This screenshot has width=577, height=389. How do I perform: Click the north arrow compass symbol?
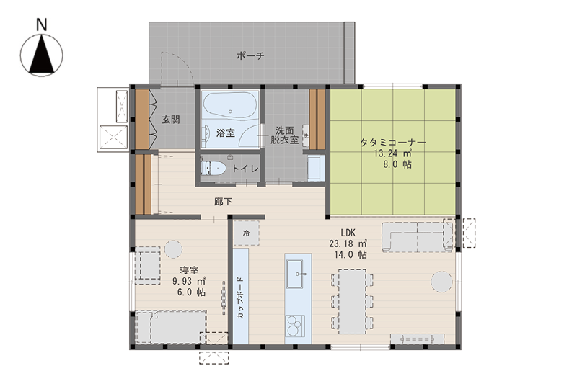pos(42,55)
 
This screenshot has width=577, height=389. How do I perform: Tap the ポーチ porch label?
pos(250,56)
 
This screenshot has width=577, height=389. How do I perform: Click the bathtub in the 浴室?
pos(230,104)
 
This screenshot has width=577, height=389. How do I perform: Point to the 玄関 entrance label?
pos(171,120)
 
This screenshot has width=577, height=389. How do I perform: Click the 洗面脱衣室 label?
pos(284,135)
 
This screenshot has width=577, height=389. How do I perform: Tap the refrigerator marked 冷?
pos(247,233)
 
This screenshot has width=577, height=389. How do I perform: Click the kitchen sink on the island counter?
pos(295,274)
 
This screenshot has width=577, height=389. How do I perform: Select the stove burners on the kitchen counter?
pos(296,326)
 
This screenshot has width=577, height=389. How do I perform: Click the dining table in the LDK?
pos(352,302)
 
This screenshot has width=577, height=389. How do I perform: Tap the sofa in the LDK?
pos(418,237)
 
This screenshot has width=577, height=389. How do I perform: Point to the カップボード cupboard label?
pos(240,298)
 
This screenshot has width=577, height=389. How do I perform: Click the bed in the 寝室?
pos(171,327)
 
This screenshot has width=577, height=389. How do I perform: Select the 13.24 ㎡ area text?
pos(392,153)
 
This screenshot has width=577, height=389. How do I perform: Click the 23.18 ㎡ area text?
pos(348,243)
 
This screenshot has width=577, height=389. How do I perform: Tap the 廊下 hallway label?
pos(224,202)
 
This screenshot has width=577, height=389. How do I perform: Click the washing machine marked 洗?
pos(306,135)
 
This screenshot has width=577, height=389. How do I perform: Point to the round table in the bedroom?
pos(173,249)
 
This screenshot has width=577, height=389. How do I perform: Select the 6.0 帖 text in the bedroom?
pos(191,292)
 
